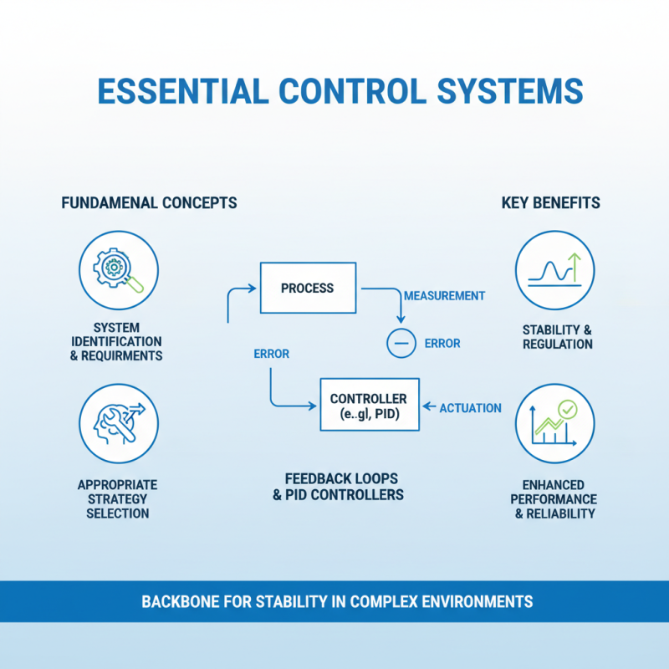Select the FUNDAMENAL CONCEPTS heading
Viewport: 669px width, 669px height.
click(149, 203)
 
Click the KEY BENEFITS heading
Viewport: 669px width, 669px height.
click(550, 203)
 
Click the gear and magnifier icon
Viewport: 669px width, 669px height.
click(118, 270)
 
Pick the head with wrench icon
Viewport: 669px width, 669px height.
click(118, 422)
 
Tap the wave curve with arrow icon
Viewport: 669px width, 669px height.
click(555, 270)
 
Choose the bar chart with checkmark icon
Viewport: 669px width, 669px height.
click(555, 422)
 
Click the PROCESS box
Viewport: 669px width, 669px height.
click(307, 289)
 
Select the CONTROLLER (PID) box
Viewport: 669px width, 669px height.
click(368, 406)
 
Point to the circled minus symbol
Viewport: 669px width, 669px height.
click(401, 343)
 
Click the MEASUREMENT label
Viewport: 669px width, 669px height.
click(444, 296)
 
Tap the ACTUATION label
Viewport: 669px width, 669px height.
click(470, 408)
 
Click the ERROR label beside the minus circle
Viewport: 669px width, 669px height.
click(442, 344)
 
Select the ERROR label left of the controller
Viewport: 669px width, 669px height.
click(271, 354)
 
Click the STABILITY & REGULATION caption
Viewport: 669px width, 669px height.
click(557, 336)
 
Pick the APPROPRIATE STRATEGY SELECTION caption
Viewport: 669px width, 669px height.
click(117, 498)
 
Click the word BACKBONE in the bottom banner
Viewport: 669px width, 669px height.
click(178, 601)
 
